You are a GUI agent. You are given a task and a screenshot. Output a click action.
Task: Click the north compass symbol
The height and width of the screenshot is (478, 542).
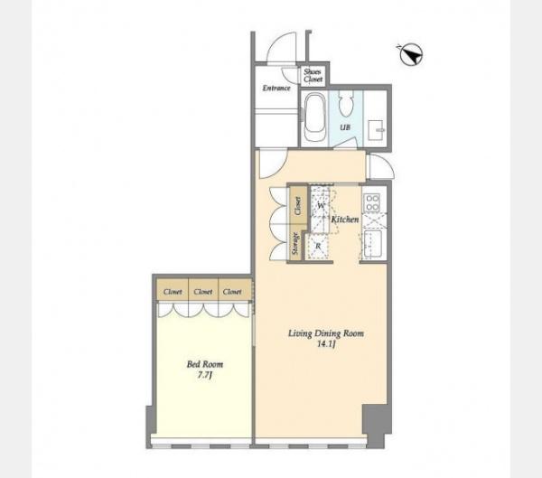411,55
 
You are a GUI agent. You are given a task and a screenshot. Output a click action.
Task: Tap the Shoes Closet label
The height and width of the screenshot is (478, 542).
313,75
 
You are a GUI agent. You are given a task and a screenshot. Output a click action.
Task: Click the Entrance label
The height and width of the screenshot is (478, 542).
276,88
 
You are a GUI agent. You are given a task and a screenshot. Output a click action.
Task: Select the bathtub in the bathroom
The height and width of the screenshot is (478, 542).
315,117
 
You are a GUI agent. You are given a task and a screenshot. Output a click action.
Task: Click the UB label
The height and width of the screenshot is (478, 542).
345,127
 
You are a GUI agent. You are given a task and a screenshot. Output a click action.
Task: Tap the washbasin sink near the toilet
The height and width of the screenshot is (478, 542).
376,130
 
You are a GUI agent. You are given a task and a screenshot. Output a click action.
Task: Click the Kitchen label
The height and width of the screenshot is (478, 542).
345,220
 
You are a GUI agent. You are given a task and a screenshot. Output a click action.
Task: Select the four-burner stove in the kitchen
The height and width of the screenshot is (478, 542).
372,202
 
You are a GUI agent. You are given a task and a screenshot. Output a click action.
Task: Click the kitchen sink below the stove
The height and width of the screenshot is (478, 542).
372,244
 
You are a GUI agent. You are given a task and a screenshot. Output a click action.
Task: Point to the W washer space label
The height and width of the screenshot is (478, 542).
321,206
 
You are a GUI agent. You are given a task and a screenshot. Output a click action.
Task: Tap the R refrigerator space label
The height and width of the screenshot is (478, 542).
318,247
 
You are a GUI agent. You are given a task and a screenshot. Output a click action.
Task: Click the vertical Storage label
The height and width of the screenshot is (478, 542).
295,244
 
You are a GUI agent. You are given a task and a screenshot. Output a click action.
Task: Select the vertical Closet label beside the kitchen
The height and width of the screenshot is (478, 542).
297,205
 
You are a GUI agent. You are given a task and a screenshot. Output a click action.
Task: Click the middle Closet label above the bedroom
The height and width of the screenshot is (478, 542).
203,292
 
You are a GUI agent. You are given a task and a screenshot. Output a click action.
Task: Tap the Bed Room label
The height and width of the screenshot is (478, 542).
205,364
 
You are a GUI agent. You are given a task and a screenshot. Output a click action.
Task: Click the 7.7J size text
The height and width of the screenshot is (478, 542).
205,376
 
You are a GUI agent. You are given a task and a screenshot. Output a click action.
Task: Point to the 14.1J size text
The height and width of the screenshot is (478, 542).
327,344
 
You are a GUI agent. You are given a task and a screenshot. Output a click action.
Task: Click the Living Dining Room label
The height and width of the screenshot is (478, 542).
326,333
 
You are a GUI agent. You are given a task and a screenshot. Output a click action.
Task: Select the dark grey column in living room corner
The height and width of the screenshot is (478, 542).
376,425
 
